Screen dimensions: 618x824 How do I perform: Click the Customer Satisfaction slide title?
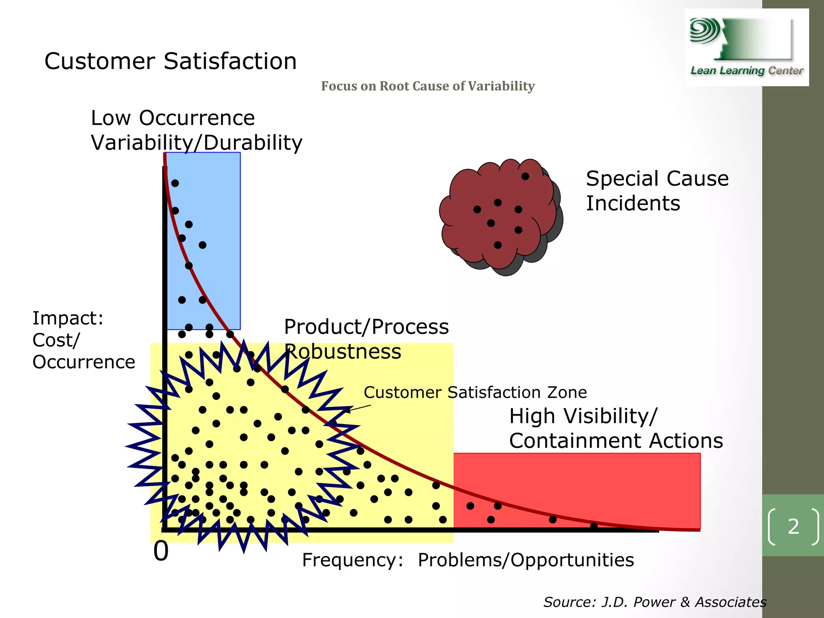170,61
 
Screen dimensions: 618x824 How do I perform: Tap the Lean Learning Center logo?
746,47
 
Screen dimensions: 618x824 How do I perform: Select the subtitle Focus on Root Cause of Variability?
428,86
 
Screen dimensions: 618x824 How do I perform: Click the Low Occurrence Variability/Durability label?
196,130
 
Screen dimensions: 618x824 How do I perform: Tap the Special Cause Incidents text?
657,191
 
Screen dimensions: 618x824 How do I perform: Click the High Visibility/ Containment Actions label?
616,428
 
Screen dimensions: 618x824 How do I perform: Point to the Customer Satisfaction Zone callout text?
475,392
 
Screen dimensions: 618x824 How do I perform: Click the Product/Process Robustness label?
366,339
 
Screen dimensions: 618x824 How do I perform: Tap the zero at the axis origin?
161,551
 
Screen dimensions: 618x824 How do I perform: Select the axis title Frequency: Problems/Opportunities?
468,560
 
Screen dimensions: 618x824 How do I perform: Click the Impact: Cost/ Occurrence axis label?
83,340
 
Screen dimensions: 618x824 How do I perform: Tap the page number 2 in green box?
793,526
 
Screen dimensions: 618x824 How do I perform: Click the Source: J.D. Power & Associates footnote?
655,602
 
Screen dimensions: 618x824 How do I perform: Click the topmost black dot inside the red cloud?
525,176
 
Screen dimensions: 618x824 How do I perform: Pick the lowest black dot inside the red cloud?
498,245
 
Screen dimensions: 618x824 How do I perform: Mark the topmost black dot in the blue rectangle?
175,183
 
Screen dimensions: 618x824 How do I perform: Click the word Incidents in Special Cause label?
633,203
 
